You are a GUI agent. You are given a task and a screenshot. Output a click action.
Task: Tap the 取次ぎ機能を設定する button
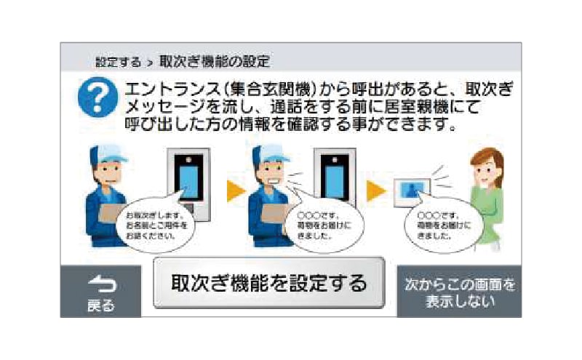click(x=268, y=282)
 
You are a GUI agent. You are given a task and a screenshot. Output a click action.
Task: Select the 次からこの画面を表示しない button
click(x=459, y=291)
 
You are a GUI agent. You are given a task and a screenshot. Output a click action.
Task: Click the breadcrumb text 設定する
click(x=118, y=61)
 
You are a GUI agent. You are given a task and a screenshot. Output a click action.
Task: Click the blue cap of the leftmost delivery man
click(x=108, y=152)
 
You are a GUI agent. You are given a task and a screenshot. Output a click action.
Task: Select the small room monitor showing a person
click(x=410, y=191)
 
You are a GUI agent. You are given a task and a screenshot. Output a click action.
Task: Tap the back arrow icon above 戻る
click(x=100, y=285)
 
